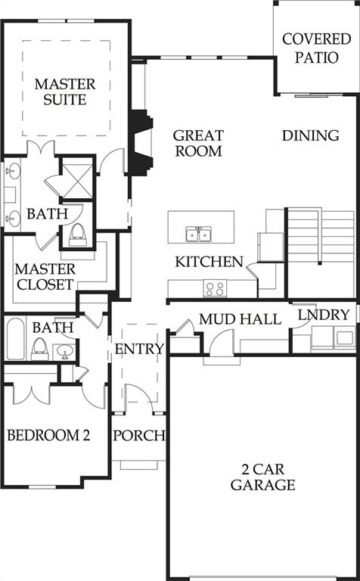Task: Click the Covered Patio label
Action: point(316,48)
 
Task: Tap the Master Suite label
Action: point(65,92)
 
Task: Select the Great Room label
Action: point(198,143)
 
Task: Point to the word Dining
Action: point(310,135)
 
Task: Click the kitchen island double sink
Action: point(198,235)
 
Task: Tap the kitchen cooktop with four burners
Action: point(215,288)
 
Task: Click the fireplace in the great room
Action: point(141,143)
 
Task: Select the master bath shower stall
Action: point(77,179)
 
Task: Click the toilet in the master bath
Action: point(78,235)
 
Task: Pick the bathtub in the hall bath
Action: point(16,339)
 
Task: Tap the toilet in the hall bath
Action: point(39,350)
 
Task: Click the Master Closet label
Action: point(45,277)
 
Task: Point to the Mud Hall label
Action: point(240,319)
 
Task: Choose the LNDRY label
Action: point(324,315)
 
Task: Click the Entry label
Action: point(139,349)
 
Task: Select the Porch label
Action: point(139,436)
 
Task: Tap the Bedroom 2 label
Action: point(48,435)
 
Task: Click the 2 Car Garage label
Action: point(263,477)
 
